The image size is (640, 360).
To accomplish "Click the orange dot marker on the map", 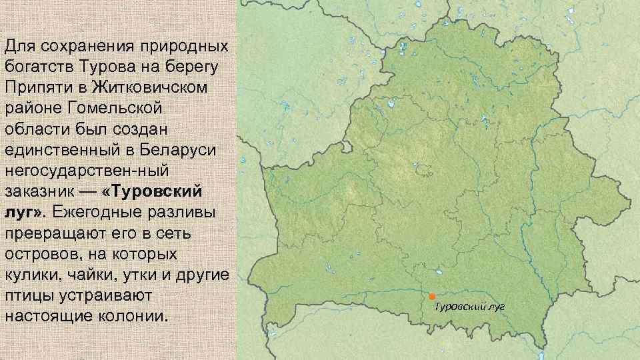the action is [431, 295].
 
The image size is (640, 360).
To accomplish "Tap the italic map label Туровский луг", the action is [470, 307].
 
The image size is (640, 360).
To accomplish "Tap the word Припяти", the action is [40, 87].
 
